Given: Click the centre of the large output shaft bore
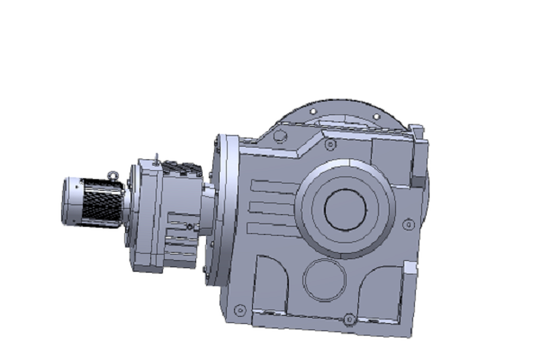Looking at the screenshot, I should click(343, 209).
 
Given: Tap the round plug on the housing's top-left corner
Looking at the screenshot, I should click(279, 137).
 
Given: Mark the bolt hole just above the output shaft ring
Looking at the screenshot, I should click(330, 144).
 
